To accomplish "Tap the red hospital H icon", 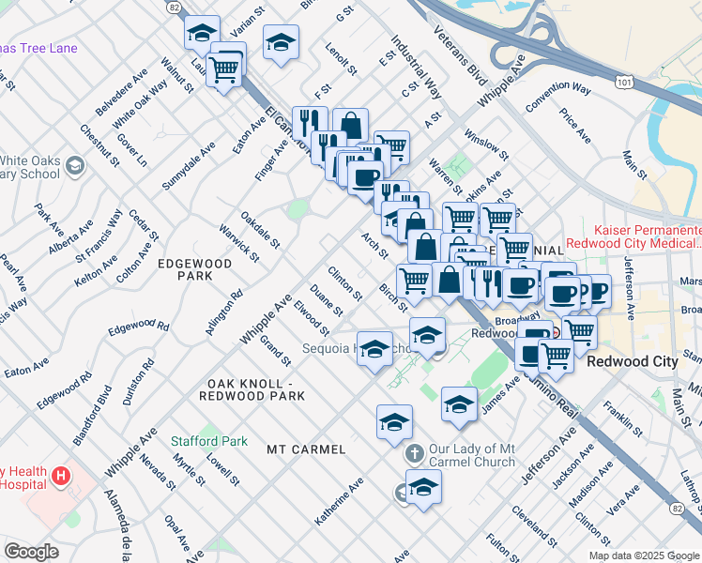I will click(61, 476).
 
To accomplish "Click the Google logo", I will click(32, 552).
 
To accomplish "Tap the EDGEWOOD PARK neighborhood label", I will click(195, 270).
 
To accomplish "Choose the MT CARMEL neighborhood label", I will click(306, 449).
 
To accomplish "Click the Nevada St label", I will click(157, 471).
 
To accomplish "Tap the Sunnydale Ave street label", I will click(189, 166).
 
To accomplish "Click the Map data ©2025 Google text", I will click(644, 555).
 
